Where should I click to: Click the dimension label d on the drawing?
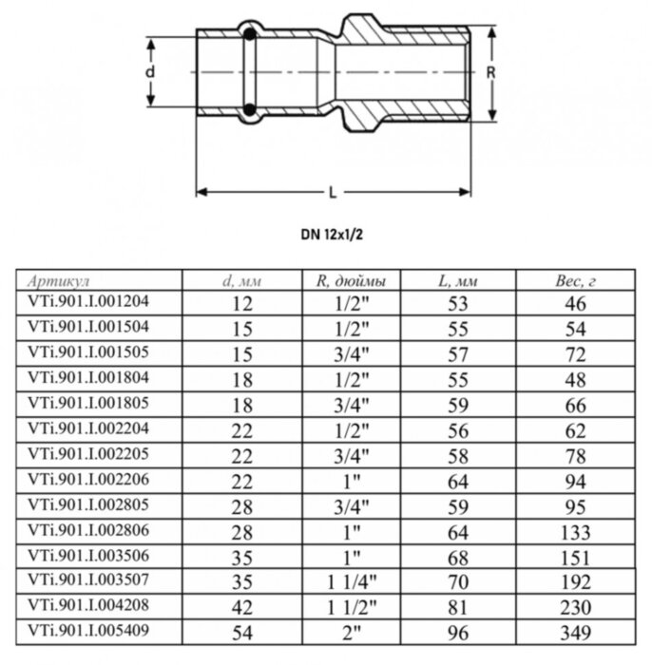coord(149,71)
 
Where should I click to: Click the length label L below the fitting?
coord(332,193)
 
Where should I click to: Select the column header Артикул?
coord(59,282)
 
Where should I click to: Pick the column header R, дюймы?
coord(351,282)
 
